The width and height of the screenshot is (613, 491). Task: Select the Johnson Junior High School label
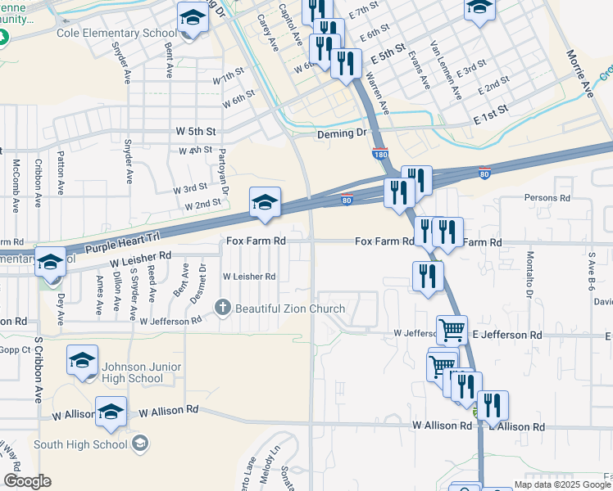(x=134, y=372)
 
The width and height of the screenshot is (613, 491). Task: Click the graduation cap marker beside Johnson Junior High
(x=83, y=361)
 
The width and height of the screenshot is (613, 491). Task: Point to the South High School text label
(x=81, y=444)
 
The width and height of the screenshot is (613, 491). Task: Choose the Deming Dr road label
(x=341, y=133)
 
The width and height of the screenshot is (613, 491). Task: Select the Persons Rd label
(x=547, y=198)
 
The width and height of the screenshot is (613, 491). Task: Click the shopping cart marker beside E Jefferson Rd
(x=452, y=330)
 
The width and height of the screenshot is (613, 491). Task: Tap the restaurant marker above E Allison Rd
(x=492, y=405)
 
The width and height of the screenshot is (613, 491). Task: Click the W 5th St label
(x=196, y=131)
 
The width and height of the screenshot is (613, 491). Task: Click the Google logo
(x=26, y=481)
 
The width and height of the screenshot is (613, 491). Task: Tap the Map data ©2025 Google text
(x=562, y=484)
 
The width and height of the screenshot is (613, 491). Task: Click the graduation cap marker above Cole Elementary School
(x=193, y=17)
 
